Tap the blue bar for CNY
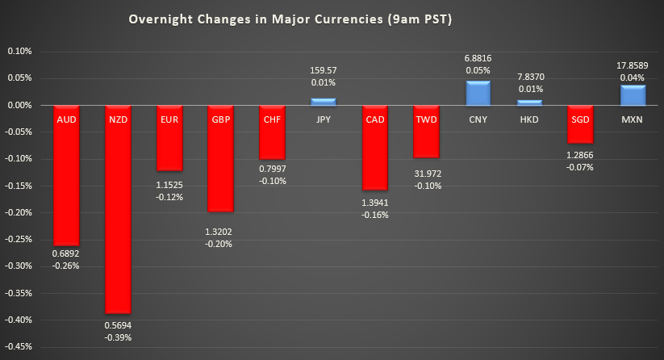click(x=478, y=93)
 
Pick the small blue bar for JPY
click(x=323, y=102)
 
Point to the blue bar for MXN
click(x=632, y=95)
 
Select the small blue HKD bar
click(x=529, y=103)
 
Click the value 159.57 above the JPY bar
click(x=323, y=70)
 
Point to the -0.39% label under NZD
click(x=117, y=337)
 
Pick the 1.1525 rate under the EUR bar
click(x=169, y=185)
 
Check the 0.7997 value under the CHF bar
click(x=272, y=168)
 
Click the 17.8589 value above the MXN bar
click(x=632, y=65)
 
